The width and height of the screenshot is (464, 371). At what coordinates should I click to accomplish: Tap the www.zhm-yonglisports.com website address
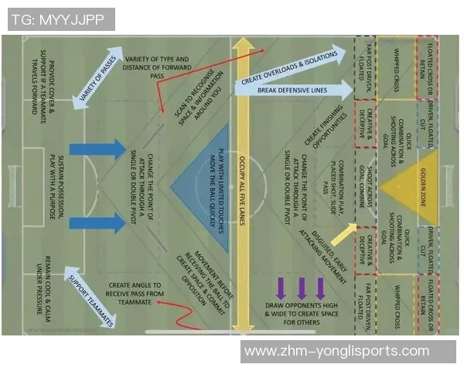click(x=336, y=352)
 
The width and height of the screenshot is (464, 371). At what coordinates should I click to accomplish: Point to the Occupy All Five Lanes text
click(x=242, y=185)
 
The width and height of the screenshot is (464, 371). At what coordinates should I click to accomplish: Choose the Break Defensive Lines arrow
click(x=294, y=90)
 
